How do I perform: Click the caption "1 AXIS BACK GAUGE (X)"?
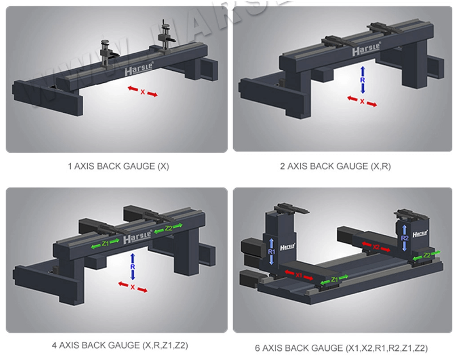(118, 167)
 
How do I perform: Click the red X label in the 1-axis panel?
(142, 92)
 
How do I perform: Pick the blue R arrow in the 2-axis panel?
(363, 79)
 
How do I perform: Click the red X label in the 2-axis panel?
(362, 101)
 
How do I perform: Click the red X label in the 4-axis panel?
(133, 287)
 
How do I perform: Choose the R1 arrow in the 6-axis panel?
(272, 250)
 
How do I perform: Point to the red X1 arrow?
(298, 275)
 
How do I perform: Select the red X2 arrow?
(376, 247)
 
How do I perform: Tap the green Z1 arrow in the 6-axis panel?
(334, 279)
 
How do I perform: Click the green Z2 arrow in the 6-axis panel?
(426, 256)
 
